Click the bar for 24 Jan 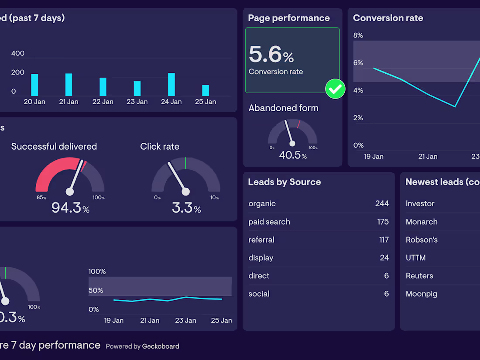click(171, 85)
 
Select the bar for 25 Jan click(206, 90)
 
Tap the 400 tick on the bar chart click(18, 53)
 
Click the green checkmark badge click(335, 89)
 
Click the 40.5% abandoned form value click(292, 155)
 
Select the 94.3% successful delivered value click(70, 208)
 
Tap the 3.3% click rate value click(186, 208)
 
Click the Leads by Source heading click(284, 182)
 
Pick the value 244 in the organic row click(382, 203)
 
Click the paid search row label click(269, 222)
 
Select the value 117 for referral click(384, 240)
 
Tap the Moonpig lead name click(421, 294)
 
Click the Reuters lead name click(419, 276)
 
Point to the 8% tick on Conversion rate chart click(358, 35)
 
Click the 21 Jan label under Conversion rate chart click(428, 156)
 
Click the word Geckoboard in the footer click(161, 346)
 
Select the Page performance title click(289, 18)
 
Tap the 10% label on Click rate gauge click(214, 198)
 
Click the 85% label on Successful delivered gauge click(41, 198)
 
